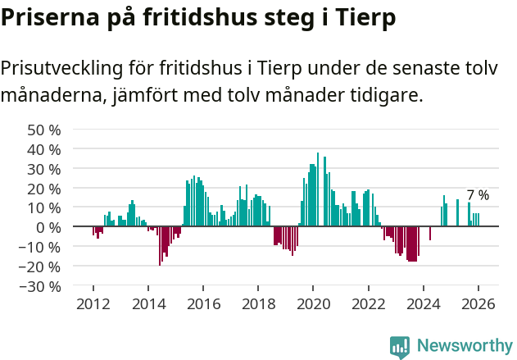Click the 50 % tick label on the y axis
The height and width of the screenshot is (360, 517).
43,130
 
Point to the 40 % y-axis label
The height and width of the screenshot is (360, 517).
43,149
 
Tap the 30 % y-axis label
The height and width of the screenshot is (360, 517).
43,169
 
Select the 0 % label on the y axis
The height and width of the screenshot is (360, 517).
48,227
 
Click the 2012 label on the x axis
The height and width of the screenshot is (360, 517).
93,303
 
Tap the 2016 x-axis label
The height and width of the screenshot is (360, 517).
203,303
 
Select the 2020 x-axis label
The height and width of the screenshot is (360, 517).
313,303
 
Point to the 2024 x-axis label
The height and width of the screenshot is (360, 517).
424,303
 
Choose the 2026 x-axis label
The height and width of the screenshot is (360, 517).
478,303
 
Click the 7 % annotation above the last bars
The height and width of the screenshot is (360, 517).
478,195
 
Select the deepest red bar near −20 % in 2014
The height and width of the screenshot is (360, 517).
160,245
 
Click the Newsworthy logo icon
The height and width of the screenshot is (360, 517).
400,346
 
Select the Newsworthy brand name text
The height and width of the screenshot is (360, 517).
464,346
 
